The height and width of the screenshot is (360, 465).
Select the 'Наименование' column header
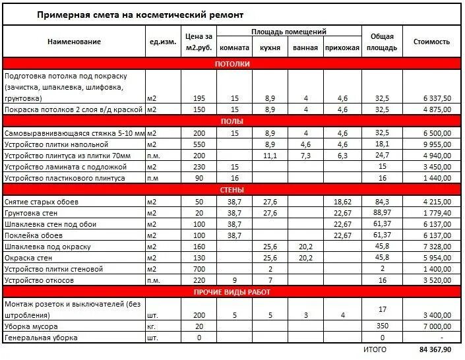74,42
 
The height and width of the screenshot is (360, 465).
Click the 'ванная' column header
305,48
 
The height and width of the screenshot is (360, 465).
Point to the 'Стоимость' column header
431,42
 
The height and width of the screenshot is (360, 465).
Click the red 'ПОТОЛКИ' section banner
232,64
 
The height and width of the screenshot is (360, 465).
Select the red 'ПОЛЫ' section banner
232,121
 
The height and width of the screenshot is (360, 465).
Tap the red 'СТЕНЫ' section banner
232,190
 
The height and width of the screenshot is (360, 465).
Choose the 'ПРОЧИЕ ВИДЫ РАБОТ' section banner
232,292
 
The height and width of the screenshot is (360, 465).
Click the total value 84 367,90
435,349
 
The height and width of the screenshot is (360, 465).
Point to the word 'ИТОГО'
375,349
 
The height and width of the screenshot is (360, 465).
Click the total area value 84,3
383,202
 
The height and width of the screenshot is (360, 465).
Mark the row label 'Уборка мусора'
31,326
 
